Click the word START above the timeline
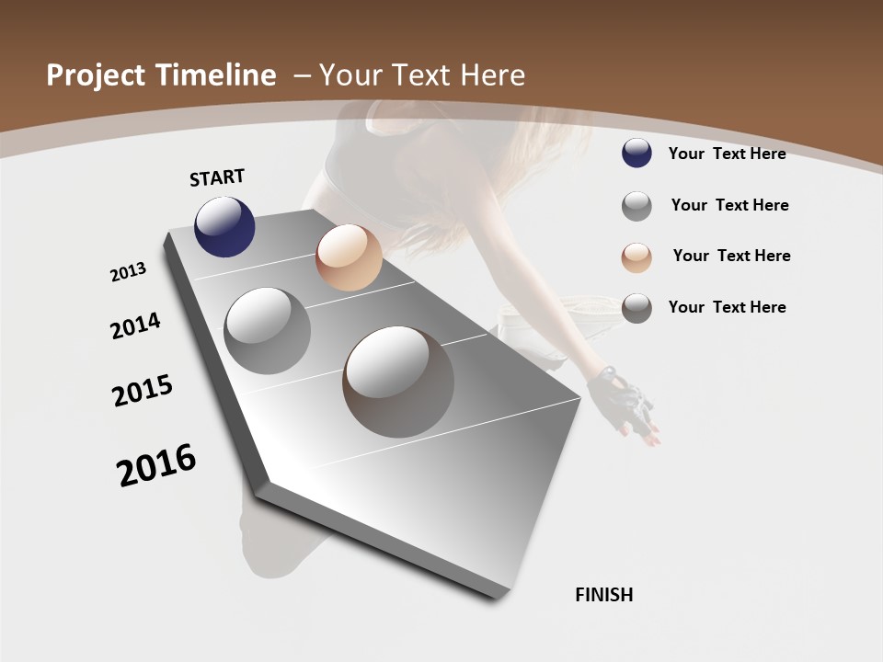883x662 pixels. point(217,177)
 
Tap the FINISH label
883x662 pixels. point(604,595)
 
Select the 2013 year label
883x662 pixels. point(129,272)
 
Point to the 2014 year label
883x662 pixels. point(136,325)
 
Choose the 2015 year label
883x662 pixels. point(143,391)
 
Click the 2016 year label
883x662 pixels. point(156,465)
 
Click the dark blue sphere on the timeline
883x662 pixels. point(224,226)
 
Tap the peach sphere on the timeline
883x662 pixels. point(349,257)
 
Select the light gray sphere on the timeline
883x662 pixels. point(267,330)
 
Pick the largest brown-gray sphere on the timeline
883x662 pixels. point(398,382)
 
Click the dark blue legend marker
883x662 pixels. point(636,154)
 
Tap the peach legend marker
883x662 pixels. point(636,257)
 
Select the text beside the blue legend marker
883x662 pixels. point(727,154)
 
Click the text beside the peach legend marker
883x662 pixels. point(731,256)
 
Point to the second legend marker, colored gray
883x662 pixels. point(636,206)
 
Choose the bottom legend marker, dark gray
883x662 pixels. point(636,308)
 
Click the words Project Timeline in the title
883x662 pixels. point(161,75)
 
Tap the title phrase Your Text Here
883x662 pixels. point(422,75)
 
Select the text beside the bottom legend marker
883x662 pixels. point(727,307)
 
